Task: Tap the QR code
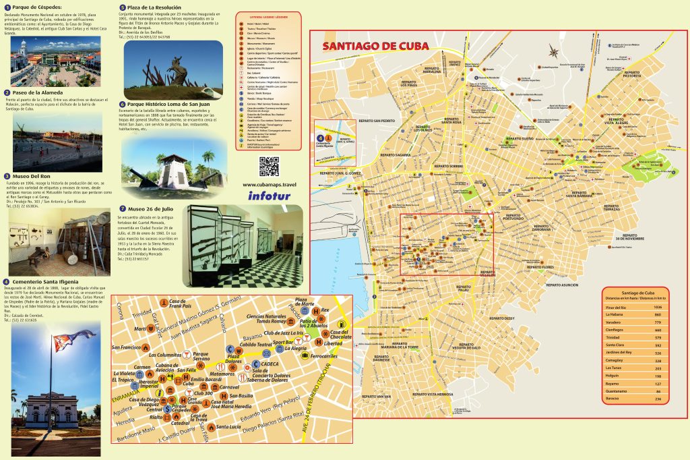[x=269, y=166]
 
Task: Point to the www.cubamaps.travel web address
[x=269, y=184]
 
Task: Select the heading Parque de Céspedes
[x=38, y=7]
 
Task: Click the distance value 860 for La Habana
[x=658, y=314]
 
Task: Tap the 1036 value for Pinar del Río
[x=658, y=306]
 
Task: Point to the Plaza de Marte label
[x=306, y=301]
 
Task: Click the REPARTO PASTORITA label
[x=631, y=74]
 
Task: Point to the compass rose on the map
[x=553, y=51]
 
